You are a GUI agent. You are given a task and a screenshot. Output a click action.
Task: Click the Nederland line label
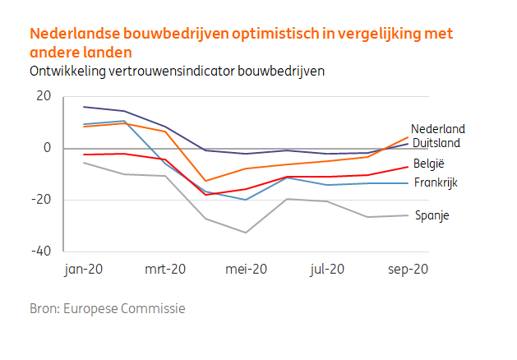(x=438, y=129)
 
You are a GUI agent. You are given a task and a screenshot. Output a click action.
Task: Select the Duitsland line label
(x=436, y=142)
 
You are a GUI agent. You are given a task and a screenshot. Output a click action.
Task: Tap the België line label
(x=430, y=164)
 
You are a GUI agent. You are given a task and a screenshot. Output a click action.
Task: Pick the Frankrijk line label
(x=436, y=182)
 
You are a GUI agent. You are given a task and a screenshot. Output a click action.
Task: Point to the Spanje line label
(x=432, y=215)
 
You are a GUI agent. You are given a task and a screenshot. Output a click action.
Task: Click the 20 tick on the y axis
(x=44, y=96)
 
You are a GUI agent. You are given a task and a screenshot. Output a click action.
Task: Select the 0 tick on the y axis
(x=47, y=148)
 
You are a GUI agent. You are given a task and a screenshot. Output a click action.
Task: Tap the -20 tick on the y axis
(x=41, y=200)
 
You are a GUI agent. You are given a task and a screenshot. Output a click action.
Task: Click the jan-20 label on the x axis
(x=84, y=269)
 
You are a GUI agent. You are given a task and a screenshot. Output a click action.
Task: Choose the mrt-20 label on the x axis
(x=165, y=269)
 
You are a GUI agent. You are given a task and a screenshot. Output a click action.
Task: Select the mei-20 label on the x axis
(x=247, y=269)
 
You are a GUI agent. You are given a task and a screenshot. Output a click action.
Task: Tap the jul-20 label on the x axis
(x=327, y=269)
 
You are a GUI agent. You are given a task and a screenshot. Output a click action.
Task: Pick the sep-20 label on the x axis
(x=408, y=269)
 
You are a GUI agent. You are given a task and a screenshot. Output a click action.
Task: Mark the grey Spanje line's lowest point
(x=246, y=233)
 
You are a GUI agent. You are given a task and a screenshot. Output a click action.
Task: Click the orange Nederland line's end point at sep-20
(x=408, y=137)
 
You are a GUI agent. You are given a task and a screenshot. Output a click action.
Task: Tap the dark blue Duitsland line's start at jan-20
(x=84, y=107)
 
